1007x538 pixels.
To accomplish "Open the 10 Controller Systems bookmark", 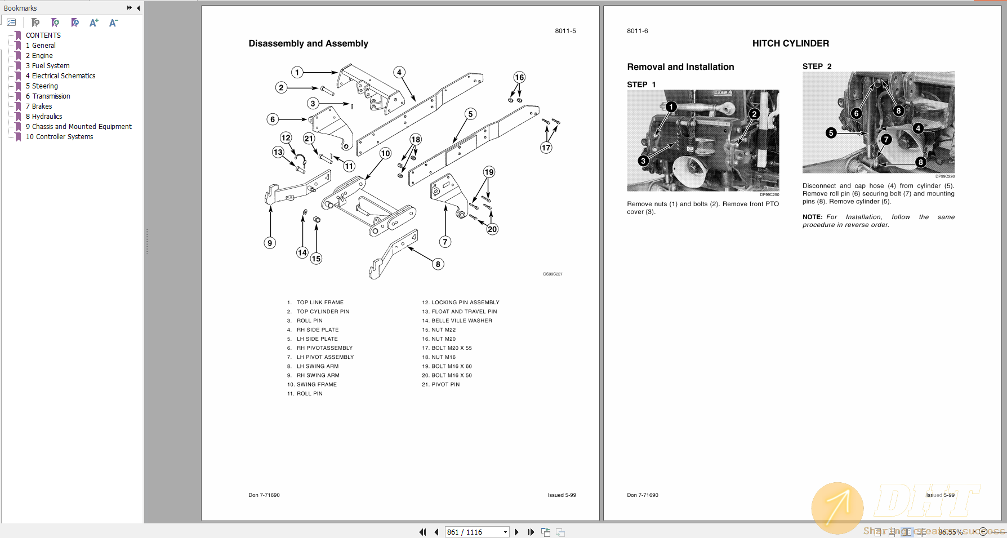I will tap(59, 137).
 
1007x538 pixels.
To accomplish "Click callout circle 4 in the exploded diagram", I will tap(399, 72).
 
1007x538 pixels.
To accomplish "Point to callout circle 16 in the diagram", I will tap(519, 77).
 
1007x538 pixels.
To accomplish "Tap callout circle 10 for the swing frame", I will tap(385, 153).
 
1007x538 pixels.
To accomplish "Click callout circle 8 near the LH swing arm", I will tap(438, 264).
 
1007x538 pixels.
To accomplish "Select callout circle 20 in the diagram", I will tap(492, 229).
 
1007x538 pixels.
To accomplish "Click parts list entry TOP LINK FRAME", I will tap(320, 303).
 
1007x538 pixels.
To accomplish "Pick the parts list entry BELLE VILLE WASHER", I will tap(461, 321).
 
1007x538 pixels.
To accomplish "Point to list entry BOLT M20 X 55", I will tap(451, 348).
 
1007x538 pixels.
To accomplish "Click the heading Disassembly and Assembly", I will tap(308, 43).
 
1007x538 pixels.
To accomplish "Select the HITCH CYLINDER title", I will tap(790, 43).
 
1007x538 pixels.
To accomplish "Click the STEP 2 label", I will tap(817, 66).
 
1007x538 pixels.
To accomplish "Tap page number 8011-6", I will tap(637, 31).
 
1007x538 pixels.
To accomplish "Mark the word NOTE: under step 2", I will tap(812, 217).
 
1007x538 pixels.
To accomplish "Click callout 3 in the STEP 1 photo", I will tap(643, 161).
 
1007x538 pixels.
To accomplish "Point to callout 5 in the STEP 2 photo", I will tap(831, 133).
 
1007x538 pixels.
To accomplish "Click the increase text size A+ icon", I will tap(93, 23).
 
